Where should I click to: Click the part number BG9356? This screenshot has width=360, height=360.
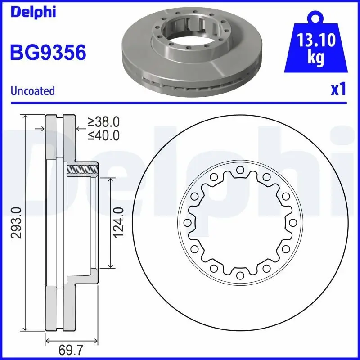click(48, 53)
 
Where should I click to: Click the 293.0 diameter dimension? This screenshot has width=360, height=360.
click(17, 223)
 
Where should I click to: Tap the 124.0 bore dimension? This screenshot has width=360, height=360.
click(118, 223)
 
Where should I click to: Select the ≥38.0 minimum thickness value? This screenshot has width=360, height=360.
click(103, 121)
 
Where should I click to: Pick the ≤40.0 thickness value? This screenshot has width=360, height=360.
click(103, 135)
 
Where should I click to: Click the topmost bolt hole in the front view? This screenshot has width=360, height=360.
click(240, 170)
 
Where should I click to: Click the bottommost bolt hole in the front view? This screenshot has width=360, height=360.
click(240, 275)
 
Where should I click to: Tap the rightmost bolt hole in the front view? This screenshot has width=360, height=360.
click(293, 223)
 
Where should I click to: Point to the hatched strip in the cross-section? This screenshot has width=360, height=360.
click(82, 170)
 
